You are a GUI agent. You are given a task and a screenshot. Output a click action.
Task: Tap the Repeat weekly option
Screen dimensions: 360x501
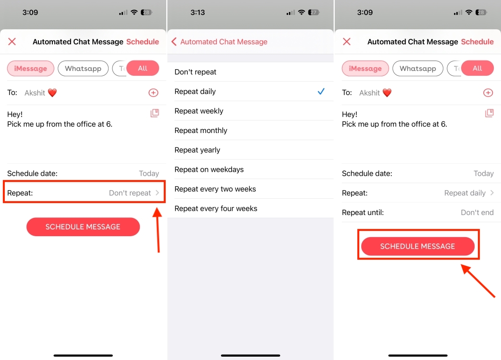(199, 111)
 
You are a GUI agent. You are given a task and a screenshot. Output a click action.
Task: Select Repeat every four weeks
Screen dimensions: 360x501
(216, 208)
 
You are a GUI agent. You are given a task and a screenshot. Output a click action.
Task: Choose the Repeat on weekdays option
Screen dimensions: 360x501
(209, 169)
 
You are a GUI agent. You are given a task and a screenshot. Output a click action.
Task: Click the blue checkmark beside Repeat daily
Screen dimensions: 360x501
(321, 91)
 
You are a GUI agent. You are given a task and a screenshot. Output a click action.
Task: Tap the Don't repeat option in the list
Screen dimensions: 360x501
(196, 72)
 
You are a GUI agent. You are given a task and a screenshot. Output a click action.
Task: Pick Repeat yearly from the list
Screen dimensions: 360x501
(197, 150)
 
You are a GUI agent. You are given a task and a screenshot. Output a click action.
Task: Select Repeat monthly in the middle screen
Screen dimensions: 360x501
(201, 131)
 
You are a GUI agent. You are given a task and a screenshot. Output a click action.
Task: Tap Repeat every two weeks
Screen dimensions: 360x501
(215, 189)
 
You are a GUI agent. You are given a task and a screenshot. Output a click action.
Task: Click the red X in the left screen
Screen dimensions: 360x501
(12, 42)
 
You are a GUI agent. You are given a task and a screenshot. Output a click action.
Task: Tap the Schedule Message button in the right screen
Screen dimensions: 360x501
(417, 246)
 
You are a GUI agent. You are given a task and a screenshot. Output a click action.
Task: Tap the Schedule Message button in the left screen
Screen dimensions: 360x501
(83, 227)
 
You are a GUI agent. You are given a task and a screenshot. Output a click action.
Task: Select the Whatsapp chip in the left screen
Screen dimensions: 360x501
(83, 69)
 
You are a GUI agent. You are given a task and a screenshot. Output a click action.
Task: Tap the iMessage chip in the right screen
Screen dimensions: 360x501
(365, 69)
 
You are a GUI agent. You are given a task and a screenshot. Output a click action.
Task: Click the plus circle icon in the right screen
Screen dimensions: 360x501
(488, 93)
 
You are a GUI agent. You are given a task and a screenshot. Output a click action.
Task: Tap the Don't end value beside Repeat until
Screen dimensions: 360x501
(477, 213)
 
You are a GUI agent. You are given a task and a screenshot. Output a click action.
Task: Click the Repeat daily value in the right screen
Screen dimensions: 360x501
(465, 193)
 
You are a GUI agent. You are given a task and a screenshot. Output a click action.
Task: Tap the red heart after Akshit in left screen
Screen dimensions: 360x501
(52, 93)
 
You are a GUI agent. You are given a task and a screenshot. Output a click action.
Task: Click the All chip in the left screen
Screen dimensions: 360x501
(143, 68)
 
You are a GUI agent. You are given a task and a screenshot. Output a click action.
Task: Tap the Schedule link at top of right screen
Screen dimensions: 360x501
(477, 42)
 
